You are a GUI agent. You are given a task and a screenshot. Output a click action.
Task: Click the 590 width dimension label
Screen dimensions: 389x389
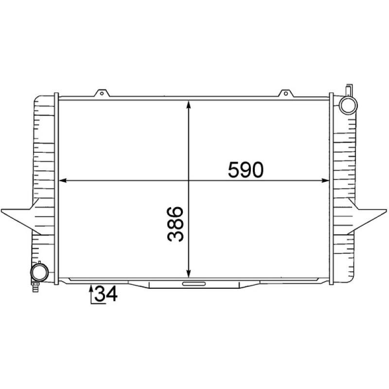point(246,169)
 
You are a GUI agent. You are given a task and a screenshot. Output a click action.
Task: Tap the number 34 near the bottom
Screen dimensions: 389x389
point(106,294)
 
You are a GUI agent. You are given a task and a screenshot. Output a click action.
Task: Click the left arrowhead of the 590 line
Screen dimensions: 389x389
point(62,181)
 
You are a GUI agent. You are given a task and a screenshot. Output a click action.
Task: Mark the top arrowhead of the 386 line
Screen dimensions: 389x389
point(189,104)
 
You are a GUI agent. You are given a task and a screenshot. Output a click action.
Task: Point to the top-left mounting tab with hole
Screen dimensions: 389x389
point(102,93)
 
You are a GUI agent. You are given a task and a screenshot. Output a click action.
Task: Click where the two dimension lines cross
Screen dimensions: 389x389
point(189,181)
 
